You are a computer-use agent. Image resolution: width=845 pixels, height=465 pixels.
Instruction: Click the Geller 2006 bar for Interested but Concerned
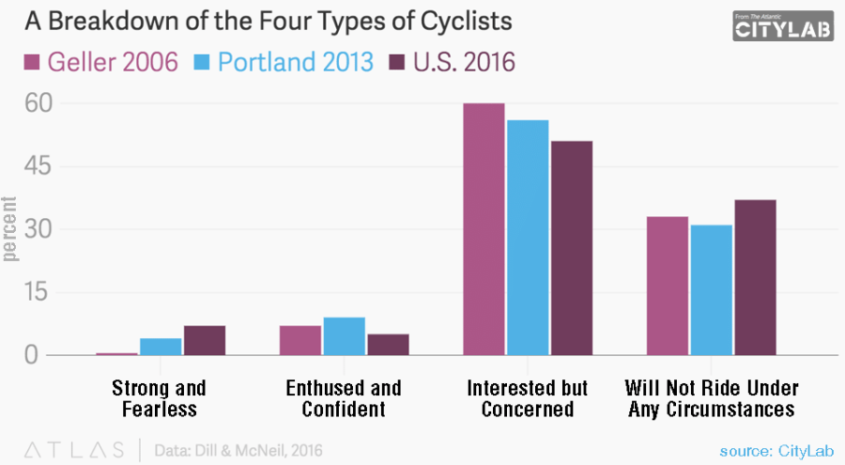pyautogui.click(x=484, y=229)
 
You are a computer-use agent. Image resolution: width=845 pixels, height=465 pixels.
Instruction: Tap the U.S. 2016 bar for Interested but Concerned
pyautogui.click(x=571, y=248)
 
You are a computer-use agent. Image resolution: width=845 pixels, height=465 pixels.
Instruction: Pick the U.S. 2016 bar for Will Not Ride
pyautogui.click(x=755, y=278)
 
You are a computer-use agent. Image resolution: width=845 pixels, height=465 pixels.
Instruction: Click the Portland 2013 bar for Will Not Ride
pyautogui.click(x=711, y=290)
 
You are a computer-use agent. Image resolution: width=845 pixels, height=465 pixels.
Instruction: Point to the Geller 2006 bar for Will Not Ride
pyautogui.click(x=667, y=287)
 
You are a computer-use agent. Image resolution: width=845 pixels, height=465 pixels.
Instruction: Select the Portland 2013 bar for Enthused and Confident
pyautogui.click(x=344, y=336)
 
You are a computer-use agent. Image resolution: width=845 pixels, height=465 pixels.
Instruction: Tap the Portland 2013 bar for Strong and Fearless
pyautogui.click(x=161, y=347)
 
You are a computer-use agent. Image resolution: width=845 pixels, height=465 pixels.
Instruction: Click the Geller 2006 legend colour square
pyautogui.click(x=29, y=63)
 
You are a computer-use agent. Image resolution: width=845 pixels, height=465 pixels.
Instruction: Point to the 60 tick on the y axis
pyautogui.click(x=34, y=103)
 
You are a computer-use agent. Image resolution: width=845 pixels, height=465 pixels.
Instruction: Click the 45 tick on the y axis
pyautogui.click(x=34, y=166)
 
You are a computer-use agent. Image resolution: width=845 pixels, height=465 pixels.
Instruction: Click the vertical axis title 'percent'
pyautogui.click(x=11, y=229)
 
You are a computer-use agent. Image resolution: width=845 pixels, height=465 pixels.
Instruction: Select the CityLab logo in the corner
pyautogui.click(x=784, y=25)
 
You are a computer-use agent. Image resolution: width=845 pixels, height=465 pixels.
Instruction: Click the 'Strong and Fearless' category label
pyautogui.click(x=159, y=398)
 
